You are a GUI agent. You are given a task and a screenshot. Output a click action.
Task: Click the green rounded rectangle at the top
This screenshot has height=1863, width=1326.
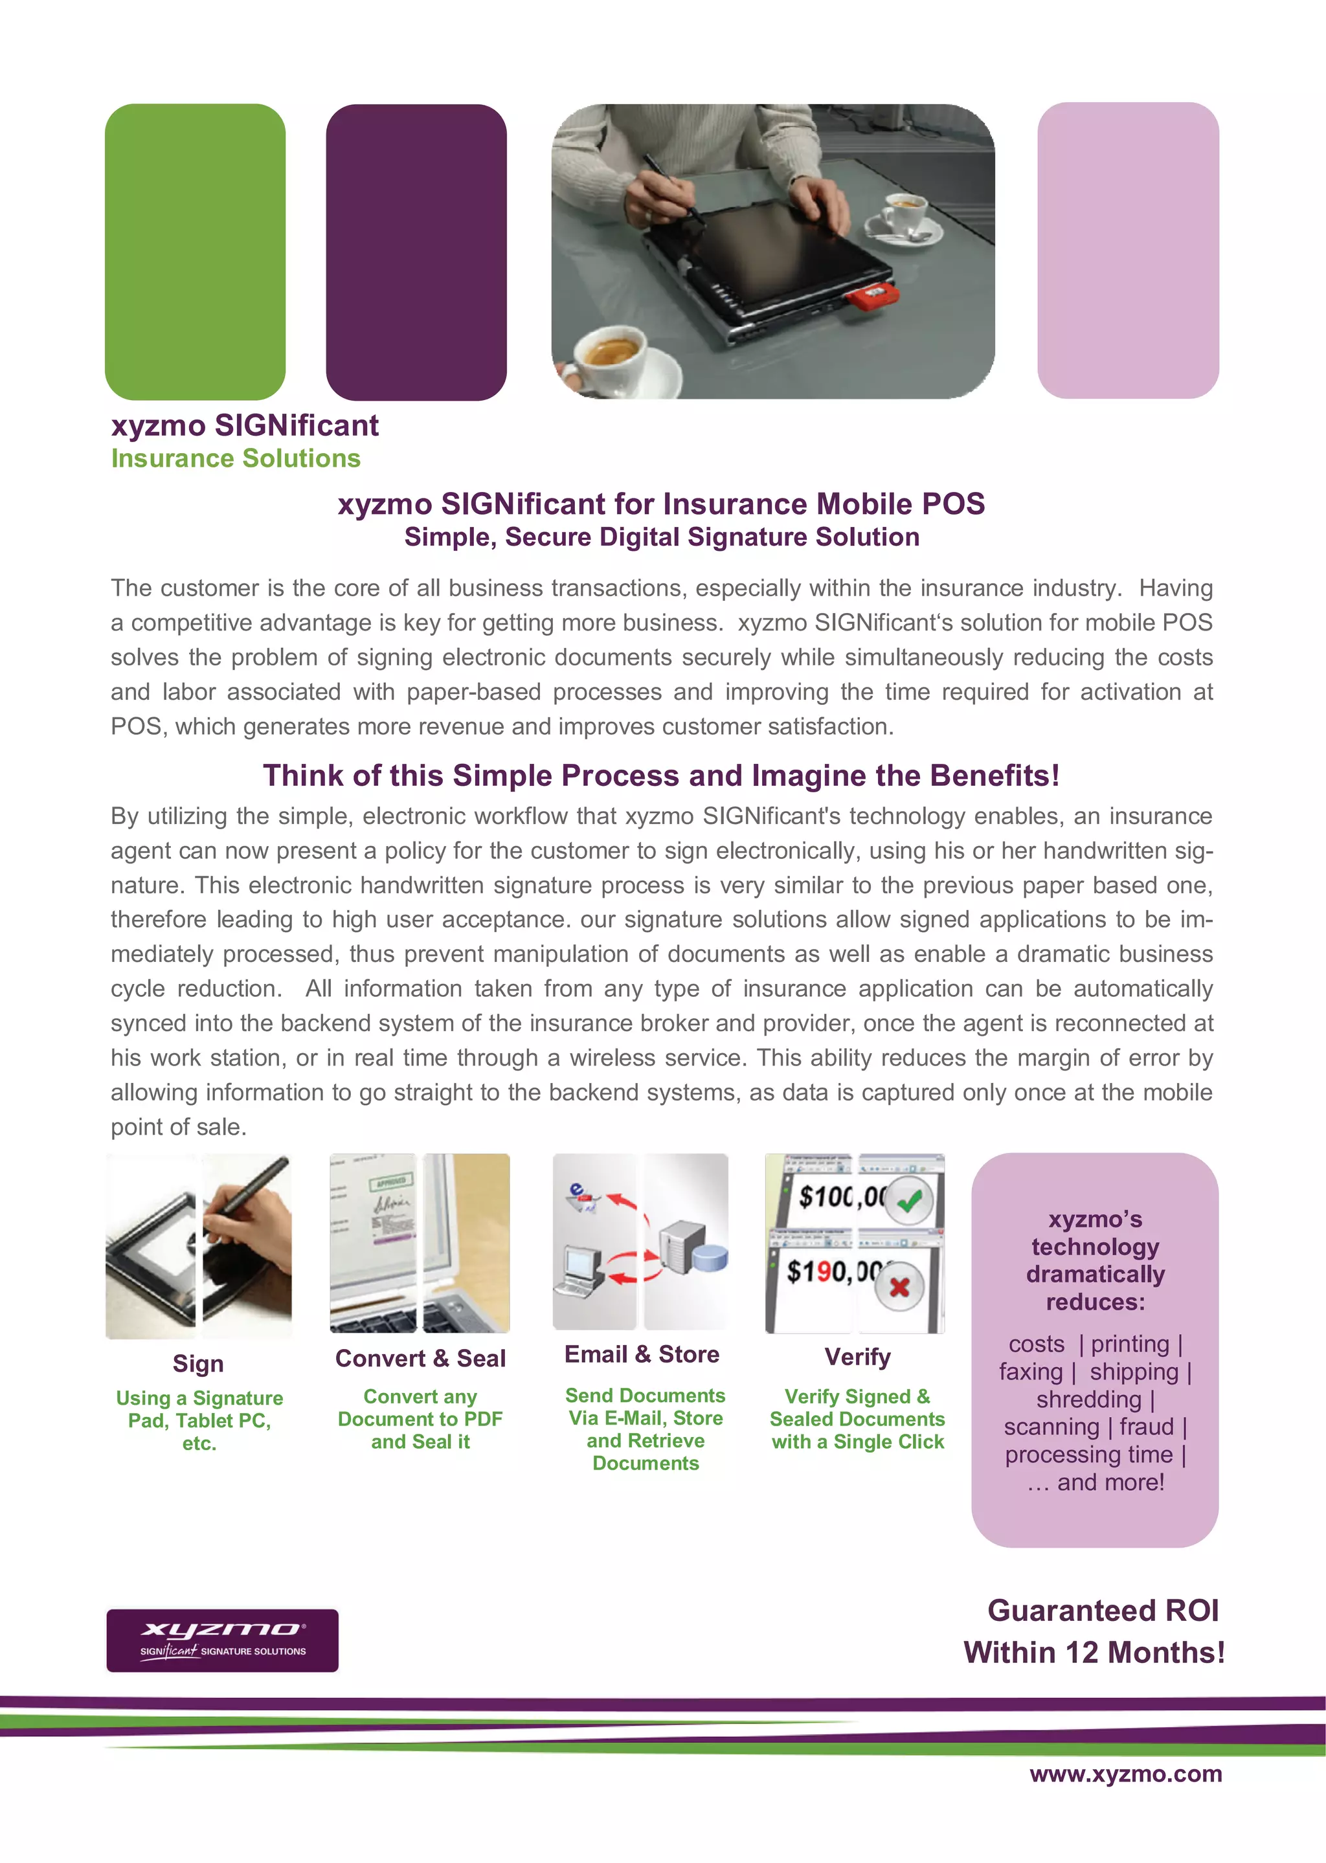click(195, 251)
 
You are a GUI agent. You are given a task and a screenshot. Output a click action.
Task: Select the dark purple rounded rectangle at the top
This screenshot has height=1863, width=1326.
click(416, 251)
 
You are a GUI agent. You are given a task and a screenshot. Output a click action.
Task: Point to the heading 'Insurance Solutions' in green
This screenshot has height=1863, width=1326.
click(235, 459)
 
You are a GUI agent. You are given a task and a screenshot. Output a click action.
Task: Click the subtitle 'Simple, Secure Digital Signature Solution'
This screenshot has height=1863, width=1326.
click(661, 537)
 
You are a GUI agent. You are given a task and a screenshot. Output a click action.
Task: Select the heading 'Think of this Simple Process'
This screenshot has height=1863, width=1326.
click(661, 775)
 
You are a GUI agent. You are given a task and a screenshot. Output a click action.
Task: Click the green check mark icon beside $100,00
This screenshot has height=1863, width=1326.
click(909, 1200)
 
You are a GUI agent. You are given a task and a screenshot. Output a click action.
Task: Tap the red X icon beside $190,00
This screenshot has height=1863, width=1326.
click(899, 1288)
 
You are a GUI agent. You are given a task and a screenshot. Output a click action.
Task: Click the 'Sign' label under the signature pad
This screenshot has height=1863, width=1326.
click(197, 1363)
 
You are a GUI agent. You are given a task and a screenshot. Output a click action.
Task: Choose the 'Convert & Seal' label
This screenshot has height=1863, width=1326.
click(420, 1359)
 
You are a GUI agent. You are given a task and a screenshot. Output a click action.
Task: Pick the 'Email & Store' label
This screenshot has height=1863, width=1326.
click(642, 1354)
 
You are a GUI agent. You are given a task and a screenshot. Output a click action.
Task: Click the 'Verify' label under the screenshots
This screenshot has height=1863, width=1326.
click(857, 1357)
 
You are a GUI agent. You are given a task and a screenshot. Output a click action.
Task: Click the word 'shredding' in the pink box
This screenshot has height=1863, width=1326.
click(1088, 1400)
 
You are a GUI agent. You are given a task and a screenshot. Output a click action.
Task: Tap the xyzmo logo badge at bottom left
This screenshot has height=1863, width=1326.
click(222, 1640)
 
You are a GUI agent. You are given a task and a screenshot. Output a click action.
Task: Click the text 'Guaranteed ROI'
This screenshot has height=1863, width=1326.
click(1102, 1611)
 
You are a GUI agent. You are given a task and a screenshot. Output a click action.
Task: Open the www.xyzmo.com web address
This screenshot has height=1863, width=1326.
click(1125, 1774)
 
